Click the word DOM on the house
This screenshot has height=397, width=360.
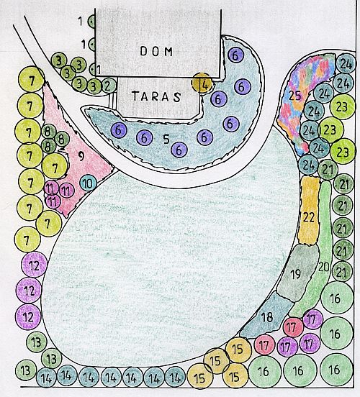click(156, 51)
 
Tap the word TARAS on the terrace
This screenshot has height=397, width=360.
click(156, 96)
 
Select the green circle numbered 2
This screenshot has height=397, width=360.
click(109, 86)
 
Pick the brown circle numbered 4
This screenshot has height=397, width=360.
click(202, 83)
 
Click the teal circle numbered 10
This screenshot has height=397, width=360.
click(89, 183)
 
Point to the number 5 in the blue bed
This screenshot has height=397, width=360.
click(166, 139)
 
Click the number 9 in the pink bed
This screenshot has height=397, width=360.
click(81, 156)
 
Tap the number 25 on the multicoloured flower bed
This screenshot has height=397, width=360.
click(295, 96)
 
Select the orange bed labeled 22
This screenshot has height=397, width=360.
click(309, 211)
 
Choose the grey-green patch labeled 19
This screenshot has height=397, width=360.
click(297, 273)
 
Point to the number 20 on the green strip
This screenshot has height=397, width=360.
click(324, 267)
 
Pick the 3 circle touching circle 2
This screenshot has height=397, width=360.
click(94, 87)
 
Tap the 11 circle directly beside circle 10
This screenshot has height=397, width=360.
click(67, 190)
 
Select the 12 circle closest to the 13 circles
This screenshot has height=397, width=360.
click(28, 316)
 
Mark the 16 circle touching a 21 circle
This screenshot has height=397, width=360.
click(337, 298)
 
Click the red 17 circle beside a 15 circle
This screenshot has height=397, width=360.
click(264, 344)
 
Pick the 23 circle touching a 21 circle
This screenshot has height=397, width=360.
click(343, 152)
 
